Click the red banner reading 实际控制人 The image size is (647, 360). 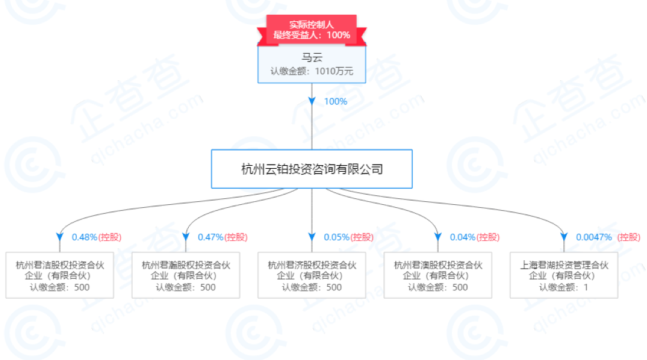coord(311,30)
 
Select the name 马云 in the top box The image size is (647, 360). coord(311,57)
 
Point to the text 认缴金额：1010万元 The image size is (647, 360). coord(311,71)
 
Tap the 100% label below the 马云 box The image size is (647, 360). coord(336,102)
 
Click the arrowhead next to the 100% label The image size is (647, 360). coord(312,101)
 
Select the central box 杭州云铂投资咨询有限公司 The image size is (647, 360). coord(311,169)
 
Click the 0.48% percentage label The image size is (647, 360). coord(84,237)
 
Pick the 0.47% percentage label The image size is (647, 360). coord(211,237)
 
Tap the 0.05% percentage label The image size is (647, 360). coord(337,237)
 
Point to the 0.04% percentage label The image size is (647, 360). coord(462,237)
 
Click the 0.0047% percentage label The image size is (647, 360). coord(594,237)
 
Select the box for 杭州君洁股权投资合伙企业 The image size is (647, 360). coord(60,276)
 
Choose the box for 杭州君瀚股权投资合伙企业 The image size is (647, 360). coord(186,276)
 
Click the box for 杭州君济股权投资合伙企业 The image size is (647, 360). coord(312,276)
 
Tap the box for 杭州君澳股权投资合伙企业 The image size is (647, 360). coord(438,276)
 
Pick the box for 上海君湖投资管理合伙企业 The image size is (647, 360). coord(564,276)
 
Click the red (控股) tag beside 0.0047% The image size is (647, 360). coord(629,237)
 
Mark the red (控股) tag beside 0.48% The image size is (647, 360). coord(110,237)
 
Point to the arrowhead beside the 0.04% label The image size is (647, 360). coord(438,237)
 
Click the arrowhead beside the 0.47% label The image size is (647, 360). coord(186,237)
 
